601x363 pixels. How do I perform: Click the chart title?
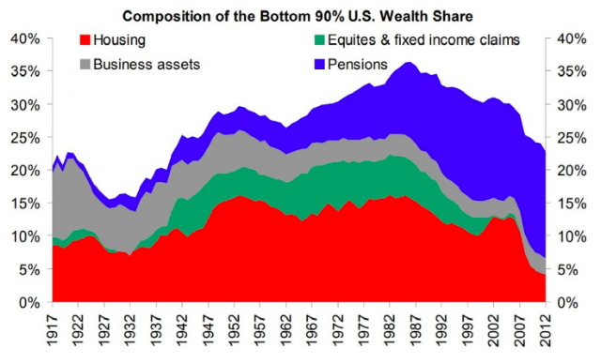[298, 16]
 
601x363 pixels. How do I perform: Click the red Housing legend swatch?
[85, 39]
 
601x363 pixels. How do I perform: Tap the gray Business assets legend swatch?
[85, 64]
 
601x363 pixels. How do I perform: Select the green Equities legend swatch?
[319, 39]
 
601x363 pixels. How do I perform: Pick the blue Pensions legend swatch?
[319, 64]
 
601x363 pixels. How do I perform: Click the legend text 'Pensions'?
[357, 65]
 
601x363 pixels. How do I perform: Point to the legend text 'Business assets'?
[146, 65]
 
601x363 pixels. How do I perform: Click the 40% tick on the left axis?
[25, 38]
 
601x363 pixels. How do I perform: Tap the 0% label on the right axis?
[567, 303]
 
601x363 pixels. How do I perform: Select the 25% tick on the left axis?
[25, 138]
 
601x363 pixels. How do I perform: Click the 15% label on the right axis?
[572, 204]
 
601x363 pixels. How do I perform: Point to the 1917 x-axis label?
[53, 331]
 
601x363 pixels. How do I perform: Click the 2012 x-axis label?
[545, 331]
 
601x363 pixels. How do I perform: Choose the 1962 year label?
[285, 331]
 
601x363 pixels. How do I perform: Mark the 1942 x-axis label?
[182, 331]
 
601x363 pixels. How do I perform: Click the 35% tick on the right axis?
[572, 71]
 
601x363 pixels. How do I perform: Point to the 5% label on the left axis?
[29, 270]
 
